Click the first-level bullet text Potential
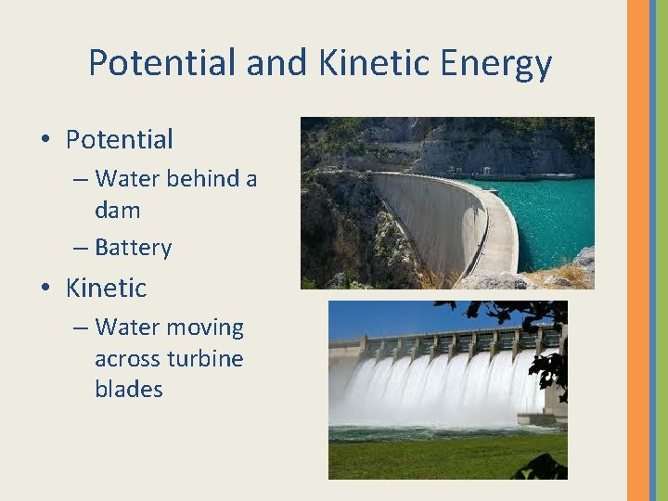(119, 140)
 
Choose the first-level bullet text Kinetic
(106, 288)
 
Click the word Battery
(133, 248)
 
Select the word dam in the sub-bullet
(118, 210)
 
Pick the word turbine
(205, 359)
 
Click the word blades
(128, 390)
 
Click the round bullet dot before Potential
(45, 141)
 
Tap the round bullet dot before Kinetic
(45, 289)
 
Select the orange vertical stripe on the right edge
(638, 250)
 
